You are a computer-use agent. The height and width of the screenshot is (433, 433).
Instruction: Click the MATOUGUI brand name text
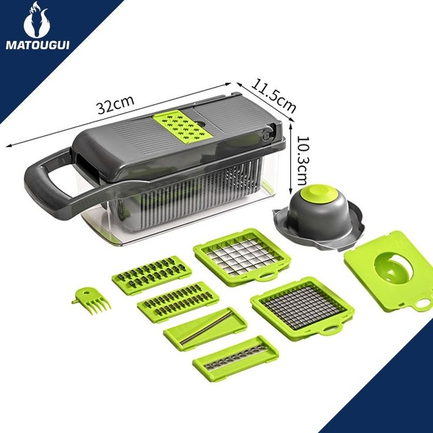38,45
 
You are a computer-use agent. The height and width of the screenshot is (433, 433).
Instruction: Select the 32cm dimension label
116,104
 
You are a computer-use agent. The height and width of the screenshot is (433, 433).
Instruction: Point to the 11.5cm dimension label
274,96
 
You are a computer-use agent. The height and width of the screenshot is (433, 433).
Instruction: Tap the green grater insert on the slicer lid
182,125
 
